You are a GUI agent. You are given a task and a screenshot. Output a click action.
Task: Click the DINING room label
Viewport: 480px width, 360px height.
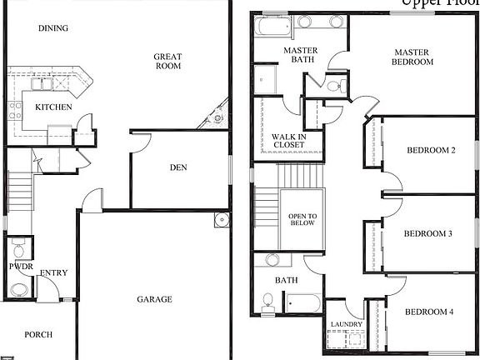tap(53, 28)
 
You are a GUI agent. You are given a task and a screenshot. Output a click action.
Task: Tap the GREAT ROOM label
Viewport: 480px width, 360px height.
tap(167, 62)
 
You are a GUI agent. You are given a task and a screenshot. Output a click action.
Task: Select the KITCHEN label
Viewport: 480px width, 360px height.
tap(53, 107)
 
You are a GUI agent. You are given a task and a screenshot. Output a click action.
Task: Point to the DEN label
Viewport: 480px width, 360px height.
tap(178, 167)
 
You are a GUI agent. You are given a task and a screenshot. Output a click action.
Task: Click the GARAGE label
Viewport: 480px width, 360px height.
tap(155, 298)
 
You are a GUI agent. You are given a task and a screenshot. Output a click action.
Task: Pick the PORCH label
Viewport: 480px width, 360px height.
tap(38, 334)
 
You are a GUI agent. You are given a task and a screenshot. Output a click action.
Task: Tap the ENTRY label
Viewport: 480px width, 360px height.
tap(54, 272)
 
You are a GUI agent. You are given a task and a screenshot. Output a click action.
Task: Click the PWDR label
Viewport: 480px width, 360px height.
tap(20, 267)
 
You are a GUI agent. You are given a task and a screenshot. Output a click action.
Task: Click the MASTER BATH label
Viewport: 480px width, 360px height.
tap(301, 55)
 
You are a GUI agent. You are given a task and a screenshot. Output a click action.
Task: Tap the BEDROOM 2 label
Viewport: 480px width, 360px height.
tap(431, 151)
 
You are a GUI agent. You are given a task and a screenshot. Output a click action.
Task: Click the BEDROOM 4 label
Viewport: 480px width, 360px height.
tap(430, 312)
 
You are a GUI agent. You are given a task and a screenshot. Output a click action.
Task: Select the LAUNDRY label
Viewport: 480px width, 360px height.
tap(345, 324)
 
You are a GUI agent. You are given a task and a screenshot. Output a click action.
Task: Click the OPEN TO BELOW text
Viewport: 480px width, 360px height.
tap(302, 219)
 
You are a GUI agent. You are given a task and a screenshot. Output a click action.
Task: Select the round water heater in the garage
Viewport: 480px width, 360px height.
tap(221, 220)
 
